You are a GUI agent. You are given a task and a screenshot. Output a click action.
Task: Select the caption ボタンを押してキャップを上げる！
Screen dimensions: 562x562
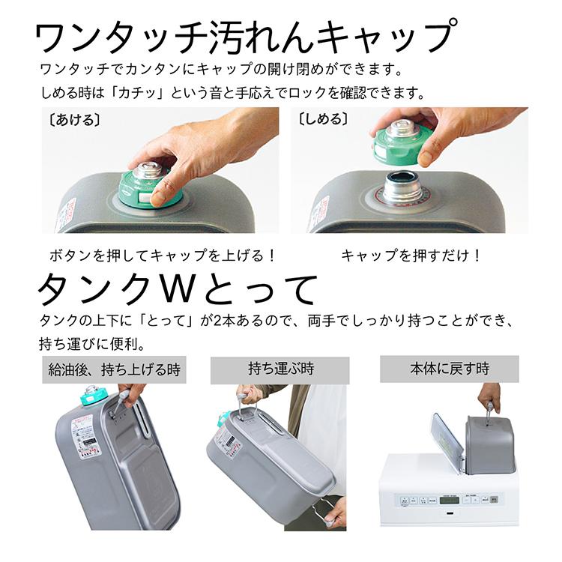pos(163,255)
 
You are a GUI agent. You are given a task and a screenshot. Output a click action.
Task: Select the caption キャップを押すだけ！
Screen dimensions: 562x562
pos(411,255)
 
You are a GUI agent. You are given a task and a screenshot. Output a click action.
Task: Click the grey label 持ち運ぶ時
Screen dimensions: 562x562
pos(280,369)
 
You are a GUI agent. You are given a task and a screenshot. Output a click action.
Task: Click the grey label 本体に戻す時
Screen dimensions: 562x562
pos(449,369)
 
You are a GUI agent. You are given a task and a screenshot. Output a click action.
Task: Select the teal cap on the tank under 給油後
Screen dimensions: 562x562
pos(91,396)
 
